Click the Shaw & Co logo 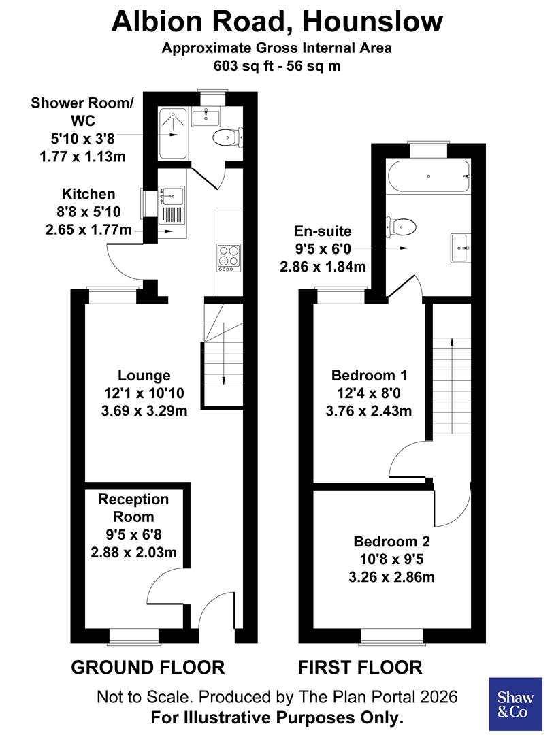tap(515, 704)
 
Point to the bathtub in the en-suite tap(428, 176)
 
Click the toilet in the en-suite tap(402, 227)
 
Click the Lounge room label tap(144, 375)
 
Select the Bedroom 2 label tap(391, 542)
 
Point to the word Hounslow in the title tap(374, 22)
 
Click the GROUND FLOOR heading tap(148, 667)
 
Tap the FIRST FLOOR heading tap(360, 667)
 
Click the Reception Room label tap(133, 508)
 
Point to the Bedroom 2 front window tap(392, 635)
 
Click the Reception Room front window tap(134, 635)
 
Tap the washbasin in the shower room tap(204, 117)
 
